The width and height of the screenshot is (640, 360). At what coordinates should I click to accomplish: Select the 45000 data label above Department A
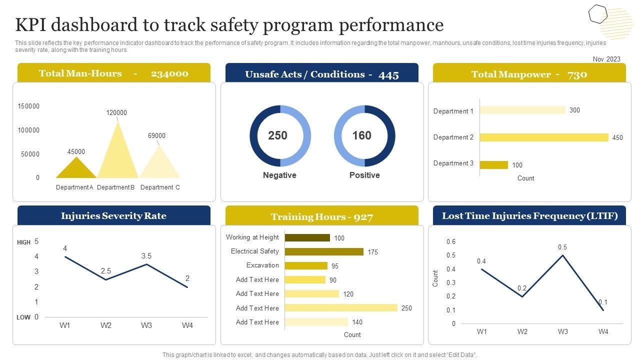click(76, 151)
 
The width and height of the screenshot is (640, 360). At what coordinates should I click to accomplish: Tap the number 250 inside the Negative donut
click(277, 135)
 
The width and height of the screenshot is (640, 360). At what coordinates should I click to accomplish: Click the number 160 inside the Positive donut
click(361, 135)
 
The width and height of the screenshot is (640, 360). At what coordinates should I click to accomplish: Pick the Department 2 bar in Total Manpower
click(543, 137)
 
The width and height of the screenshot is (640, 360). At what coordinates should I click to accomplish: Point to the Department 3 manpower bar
click(493, 165)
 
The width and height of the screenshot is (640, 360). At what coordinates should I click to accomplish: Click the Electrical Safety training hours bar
click(324, 252)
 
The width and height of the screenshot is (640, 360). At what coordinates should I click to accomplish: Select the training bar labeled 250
click(341, 308)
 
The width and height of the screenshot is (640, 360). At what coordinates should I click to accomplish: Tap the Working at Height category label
click(252, 237)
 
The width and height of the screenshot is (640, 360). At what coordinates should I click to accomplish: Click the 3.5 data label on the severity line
click(146, 256)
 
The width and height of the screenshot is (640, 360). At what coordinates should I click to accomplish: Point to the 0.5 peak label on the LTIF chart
click(562, 247)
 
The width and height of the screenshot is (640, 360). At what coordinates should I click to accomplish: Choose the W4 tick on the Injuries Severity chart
click(187, 325)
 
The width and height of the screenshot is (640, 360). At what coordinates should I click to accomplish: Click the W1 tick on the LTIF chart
click(481, 331)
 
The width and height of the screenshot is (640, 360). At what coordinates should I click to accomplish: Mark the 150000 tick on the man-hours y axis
click(28, 106)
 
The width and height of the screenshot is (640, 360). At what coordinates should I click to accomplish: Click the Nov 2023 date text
click(606, 59)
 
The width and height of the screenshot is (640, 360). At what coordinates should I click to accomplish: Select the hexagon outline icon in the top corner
click(597, 14)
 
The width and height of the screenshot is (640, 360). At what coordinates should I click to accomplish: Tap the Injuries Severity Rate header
click(113, 216)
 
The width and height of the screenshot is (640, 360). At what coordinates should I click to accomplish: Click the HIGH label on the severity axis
click(23, 242)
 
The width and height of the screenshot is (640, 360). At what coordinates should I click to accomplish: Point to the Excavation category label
click(262, 265)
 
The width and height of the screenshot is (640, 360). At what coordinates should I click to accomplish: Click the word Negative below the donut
click(279, 175)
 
